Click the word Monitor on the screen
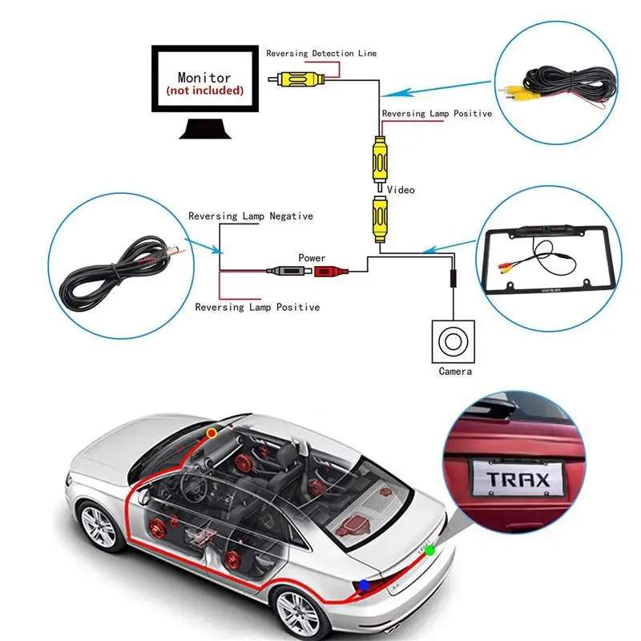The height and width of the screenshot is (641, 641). (x=204, y=77)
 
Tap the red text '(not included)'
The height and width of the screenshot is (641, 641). (x=205, y=91)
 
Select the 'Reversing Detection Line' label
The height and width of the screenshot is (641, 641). (x=321, y=53)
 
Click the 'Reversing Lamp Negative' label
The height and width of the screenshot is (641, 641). (x=251, y=216)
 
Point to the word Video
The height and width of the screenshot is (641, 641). (x=401, y=190)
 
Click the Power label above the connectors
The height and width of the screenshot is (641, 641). (x=312, y=258)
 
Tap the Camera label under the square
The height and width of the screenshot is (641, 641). (x=455, y=371)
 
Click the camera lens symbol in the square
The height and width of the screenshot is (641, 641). (x=453, y=341)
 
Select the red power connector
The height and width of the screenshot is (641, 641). (x=331, y=271)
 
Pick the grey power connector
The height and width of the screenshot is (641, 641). (x=285, y=271)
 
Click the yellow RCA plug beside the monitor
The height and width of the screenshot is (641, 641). (x=297, y=79)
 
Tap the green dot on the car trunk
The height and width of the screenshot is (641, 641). (x=429, y=550)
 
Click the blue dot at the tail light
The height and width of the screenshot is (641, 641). (x=364, y=586)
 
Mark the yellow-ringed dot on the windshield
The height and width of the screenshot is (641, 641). (x=212, y=433)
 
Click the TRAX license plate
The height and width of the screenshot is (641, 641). (x=518, y=478)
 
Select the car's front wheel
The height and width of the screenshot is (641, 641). (x=99, y=527)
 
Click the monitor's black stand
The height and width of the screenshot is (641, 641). (x=205, y=128)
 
